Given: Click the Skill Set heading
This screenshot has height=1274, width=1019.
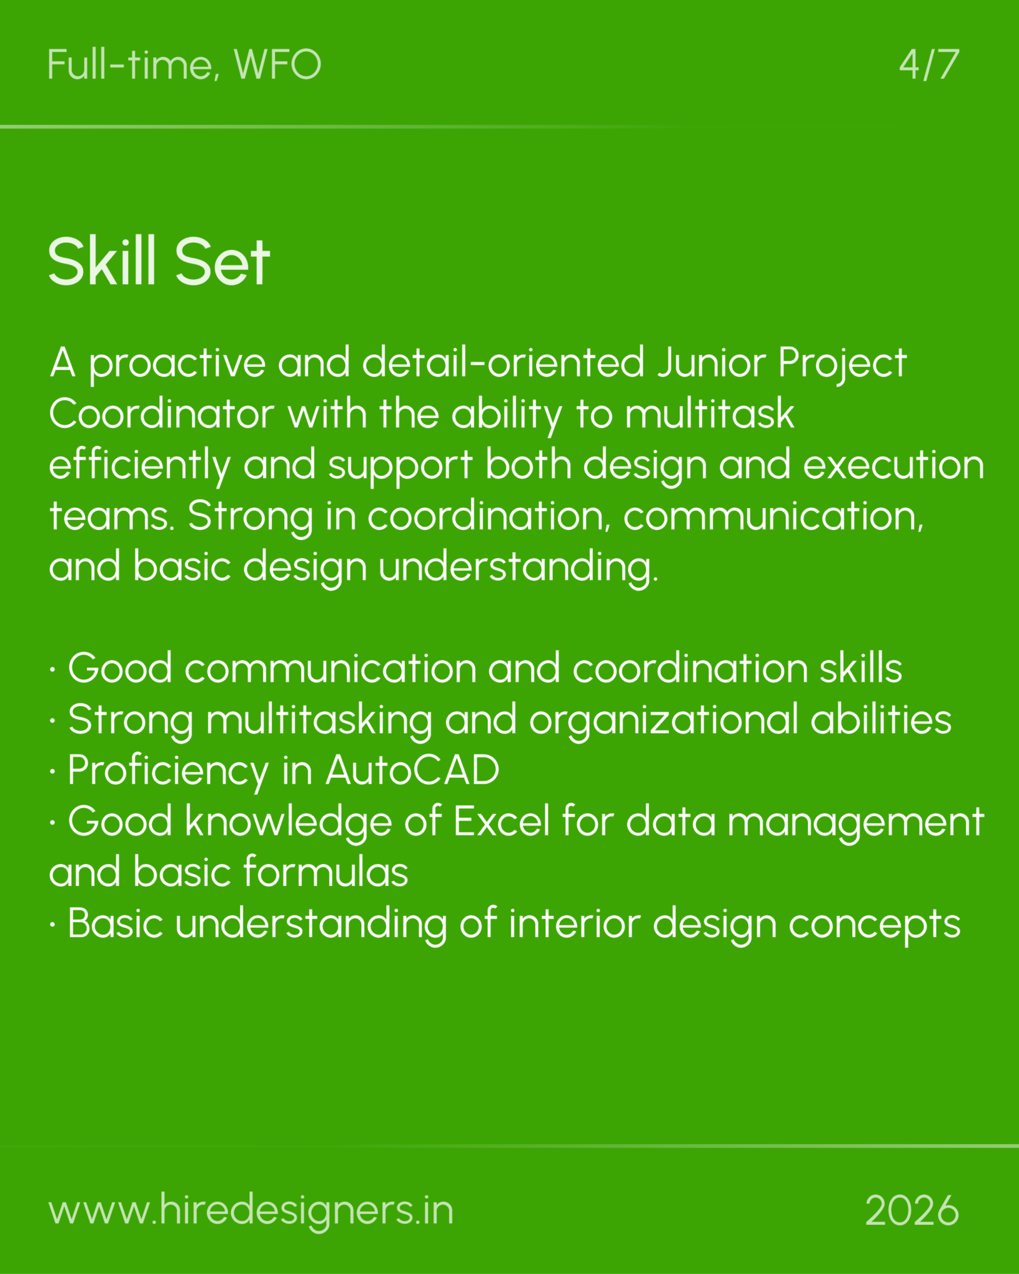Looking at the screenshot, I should tap(159, 261).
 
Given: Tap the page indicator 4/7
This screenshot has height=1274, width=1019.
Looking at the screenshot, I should tap(929, 65).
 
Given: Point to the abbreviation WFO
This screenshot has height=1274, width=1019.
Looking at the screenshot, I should tap(278, 65).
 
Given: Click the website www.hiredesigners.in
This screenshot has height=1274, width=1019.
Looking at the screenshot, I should tap(251, 1210).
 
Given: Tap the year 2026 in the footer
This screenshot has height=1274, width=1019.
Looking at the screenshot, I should tap(911, 1210).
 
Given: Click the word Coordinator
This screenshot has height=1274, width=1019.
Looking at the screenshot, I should tap(162, 414).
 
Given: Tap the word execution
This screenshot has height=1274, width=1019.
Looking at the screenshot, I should tap(894, 465).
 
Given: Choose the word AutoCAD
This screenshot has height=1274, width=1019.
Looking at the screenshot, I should tap(412, 770).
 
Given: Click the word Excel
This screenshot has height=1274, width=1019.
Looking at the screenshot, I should tap(501, 821).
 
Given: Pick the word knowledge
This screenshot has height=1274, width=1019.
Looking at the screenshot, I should tap(289, 822).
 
